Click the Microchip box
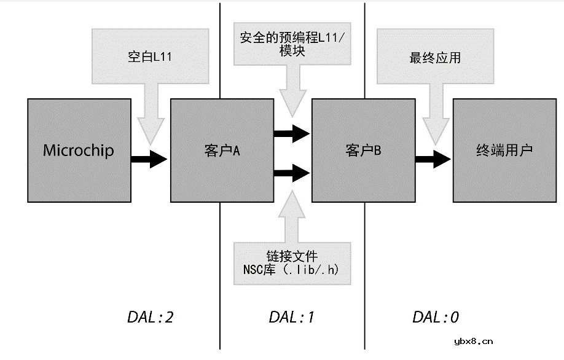(79, 151)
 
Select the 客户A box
(221, 151)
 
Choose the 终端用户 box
(504, 151)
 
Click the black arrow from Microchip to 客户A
(149, 159)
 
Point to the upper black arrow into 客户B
(292, 133)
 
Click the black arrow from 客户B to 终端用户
(434, 159)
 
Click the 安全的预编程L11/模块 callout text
(292, 44)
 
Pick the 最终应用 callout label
(435, 59)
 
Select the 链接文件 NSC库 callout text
(292, 262)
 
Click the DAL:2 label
(150, 317)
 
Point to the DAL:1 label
(292, 317)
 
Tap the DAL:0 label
(435, 317)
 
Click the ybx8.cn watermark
(473, 342)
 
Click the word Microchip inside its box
(79, 151)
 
